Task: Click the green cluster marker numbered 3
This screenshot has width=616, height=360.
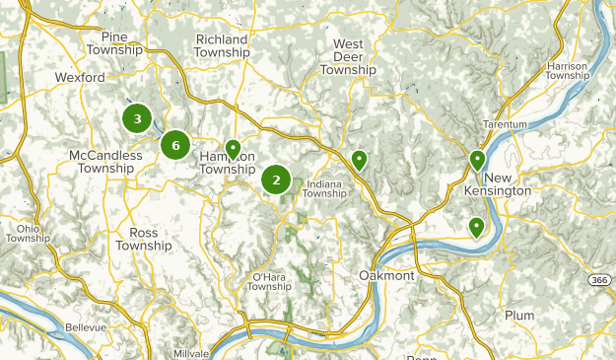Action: click(137, 119)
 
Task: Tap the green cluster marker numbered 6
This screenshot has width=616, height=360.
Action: click(175, 146)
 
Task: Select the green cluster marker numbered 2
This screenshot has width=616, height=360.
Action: click(276, 180)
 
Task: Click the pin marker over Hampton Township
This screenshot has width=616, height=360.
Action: click(233, 150)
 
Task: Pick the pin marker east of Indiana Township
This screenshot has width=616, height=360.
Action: click(360, 159)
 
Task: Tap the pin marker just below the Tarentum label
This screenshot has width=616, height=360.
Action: click(477, 159)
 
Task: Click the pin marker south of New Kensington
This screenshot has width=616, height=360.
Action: click(476, 227)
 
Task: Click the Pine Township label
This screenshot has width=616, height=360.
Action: click(114, 43)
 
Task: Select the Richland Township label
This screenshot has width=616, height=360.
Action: click(222, 45)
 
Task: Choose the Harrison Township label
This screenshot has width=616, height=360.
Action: click(567, 70)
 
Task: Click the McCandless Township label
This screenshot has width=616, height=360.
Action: click(102, 162)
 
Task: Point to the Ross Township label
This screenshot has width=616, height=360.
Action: click(143, 239)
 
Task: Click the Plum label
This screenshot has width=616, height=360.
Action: click(518, 316)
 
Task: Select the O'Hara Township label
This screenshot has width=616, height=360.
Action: click(269, 281)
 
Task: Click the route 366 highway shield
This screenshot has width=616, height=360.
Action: click(598, 281)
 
